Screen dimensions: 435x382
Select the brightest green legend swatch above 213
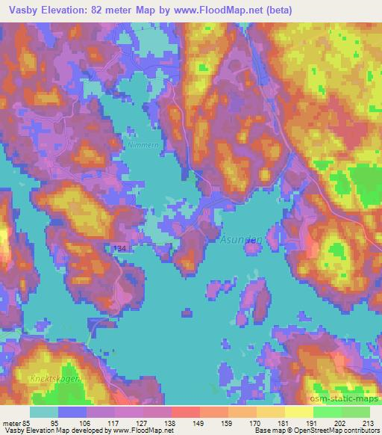point(356,412)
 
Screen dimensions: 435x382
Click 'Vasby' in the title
point(21,10)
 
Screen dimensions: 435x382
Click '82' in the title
point(96,10)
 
